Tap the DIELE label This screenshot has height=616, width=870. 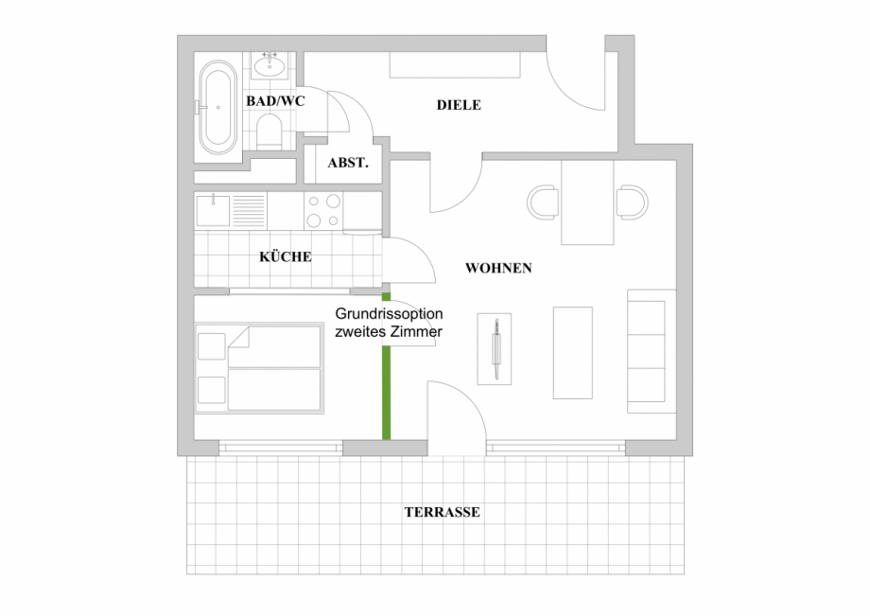coord(459,105)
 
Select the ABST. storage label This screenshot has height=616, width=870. coord(347,163)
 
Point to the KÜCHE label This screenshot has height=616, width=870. coord(286,256)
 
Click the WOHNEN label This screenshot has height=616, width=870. coord(498,269)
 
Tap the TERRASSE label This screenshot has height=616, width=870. coord(442,513)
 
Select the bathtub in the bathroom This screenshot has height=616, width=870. coord(217,109)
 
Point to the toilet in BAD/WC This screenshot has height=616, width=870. coord(270,131)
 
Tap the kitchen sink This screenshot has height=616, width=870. coord(214,209)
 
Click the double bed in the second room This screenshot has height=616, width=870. coord(259,369)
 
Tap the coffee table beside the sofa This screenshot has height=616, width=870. coord(572,352)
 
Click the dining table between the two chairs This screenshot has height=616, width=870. coord(587,202)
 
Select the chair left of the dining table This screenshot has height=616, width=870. coord(543,202)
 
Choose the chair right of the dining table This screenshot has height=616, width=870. coord(631,202)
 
